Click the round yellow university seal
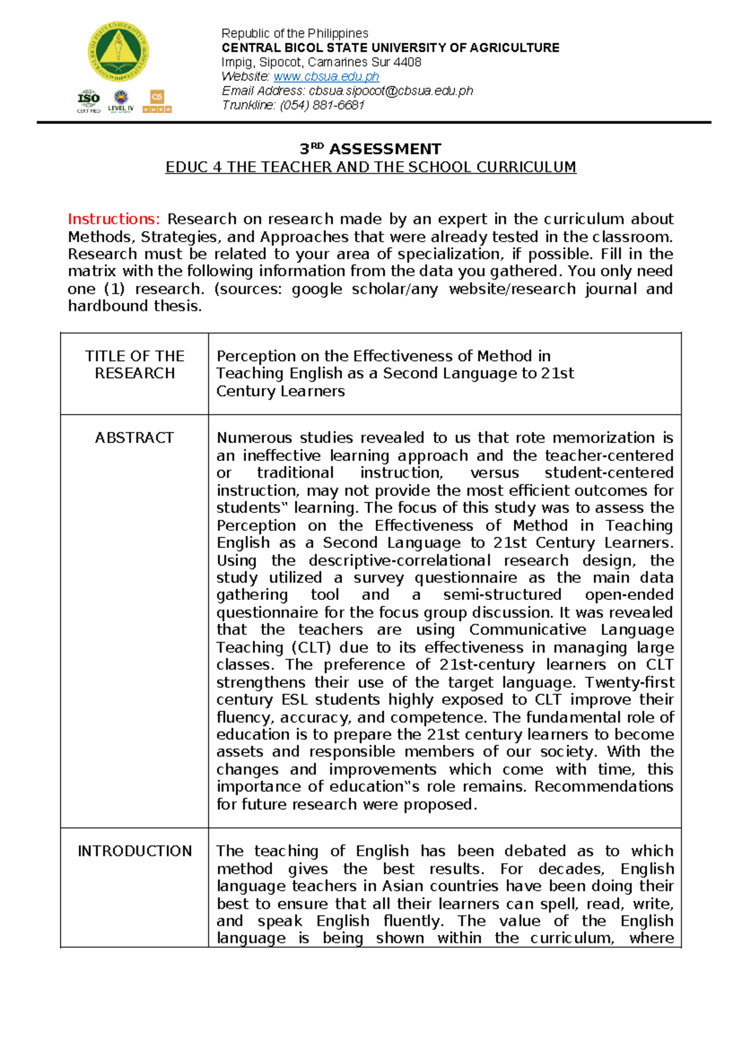[x=118, y=53]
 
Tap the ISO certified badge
[x=88, y=101]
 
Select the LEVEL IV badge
[x=121, y=101]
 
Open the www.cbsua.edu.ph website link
[x=326, y=77]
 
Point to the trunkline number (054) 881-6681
[x=322, y=105]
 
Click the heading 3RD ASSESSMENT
[x=370, y=149]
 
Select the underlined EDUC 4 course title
[x=370, y=167]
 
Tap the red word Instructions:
[x=114, y=219]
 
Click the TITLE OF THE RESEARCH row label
[x=135, y=365]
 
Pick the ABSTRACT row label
[x=134, y=437]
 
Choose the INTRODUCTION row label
[x=134, y=851]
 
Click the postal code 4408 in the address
[x=407, y=62]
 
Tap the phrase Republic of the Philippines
[x=295, y=33]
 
